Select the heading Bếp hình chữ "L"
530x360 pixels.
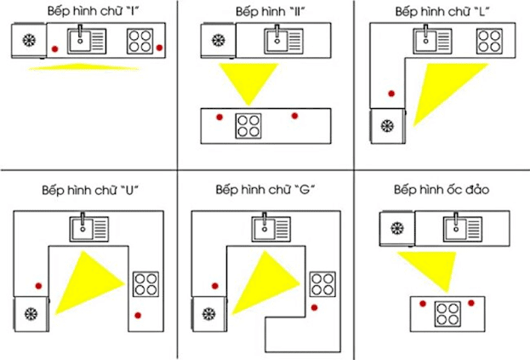tap(444, 12)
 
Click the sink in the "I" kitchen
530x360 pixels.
tap(88, 40)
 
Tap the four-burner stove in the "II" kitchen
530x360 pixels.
tap(248, 125)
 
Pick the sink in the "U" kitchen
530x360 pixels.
tap(89, 228)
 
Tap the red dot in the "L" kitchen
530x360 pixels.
tap(391, 94)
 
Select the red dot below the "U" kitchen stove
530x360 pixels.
tap(139, 315)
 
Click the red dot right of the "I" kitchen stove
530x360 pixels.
tap(159, 48)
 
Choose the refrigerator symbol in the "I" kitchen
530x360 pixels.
tap(29, 41)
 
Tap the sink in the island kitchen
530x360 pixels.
tap(463, 227)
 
